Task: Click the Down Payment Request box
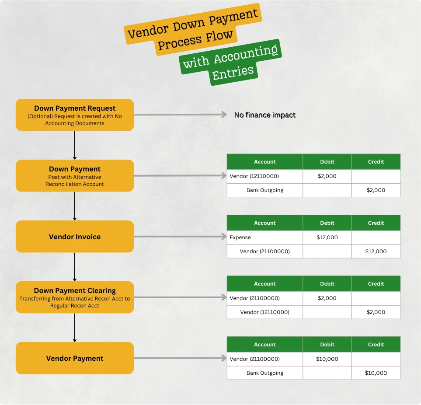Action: click(75, 115)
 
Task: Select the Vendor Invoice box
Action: click(75, 237)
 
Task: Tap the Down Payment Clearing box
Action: click(75, 297)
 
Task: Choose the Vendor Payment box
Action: click(75, 358)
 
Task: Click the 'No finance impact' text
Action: click(265, 115)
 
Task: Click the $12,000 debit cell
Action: click(327, 237)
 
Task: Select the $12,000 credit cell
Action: click(376, 251)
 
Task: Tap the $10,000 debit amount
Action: click(327, 359)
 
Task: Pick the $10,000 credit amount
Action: click(376, 373)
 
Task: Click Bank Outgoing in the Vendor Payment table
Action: click(265, 373)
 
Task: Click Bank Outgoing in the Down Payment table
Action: click(265, 190)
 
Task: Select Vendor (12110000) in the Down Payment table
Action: click(254, 176)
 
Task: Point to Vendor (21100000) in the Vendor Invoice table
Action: click(265, 251)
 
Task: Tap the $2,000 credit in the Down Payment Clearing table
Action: click(376, 312)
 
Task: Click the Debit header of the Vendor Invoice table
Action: click(327, 223)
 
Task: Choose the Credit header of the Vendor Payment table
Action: click(376, 344)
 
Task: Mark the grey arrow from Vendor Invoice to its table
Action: click(181, 237)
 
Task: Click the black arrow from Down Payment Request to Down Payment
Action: click(75, 145)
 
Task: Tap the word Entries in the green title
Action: click(233, 73)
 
